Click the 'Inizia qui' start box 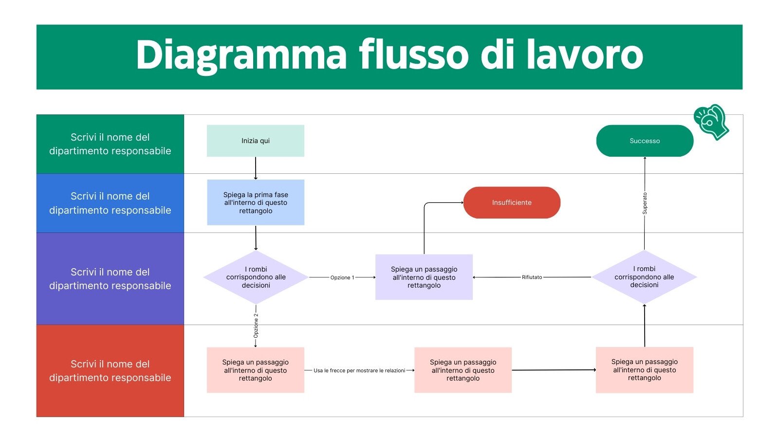coord(255,141)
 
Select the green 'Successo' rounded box coord(645,141)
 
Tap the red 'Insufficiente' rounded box coord(512,202)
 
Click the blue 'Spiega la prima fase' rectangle coord(256,202)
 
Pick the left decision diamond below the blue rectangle coord(256,277)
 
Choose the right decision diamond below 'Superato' coord(644,277)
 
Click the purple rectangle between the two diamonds coord(424,277)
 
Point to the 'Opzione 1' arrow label coord(342,277)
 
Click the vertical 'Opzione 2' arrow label coord(256,326)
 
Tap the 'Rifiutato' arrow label coord(532,277)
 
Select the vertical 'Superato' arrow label coord(645,203)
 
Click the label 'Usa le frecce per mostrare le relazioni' coord(359,370)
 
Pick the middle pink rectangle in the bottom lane coord(463,370)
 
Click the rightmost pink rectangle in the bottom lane coord(644,370)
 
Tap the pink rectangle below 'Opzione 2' coord(255,370)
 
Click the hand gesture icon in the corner coord(711,122)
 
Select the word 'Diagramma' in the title coord(241,55)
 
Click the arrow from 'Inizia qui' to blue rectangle coord(256,168)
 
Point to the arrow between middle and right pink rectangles coord(554,370)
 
